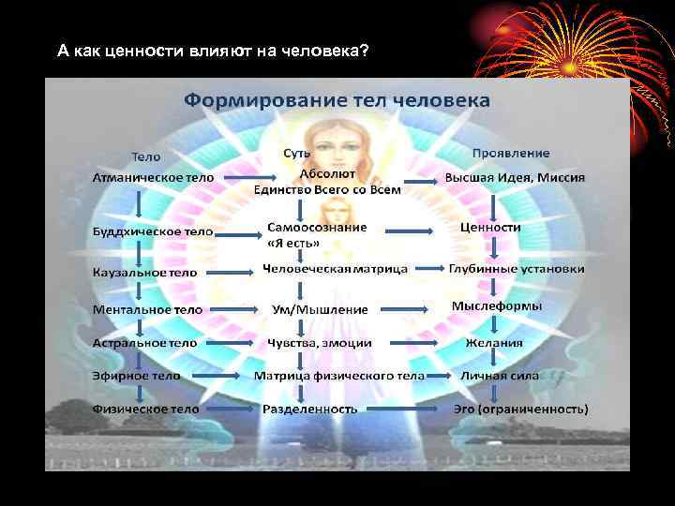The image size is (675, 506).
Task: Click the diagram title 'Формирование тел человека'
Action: [x=337, y=99]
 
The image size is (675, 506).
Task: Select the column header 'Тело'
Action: [x=145, y=156]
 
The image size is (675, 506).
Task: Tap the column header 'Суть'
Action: [x=297, y=153]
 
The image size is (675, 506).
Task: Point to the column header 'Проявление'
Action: [x=511, y=153]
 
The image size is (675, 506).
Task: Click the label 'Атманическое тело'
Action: [x=153, y=177]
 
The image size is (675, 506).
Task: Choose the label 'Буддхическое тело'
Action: [x=153, y=231]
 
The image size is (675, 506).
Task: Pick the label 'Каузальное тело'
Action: [x=145, y=272]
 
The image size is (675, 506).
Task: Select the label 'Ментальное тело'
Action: [x=147, y=308]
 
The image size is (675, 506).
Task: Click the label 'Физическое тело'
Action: [x=145, y=409]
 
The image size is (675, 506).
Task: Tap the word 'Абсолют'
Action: [x=327, y=173]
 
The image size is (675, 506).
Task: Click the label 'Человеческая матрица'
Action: [x=335, y=269]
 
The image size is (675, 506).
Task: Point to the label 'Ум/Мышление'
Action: [x=320, y=308]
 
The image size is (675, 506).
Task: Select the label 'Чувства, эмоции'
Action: [x=319, y=343]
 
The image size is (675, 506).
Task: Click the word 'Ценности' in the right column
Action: [x=490, y=227]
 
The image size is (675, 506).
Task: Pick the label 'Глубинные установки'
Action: [x=516, y=269]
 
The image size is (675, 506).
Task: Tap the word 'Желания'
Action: [x=494, y=343]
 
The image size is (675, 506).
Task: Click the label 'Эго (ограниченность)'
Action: [x=521, y=409]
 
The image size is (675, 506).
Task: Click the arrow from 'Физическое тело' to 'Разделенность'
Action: [x=230, y=409]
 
